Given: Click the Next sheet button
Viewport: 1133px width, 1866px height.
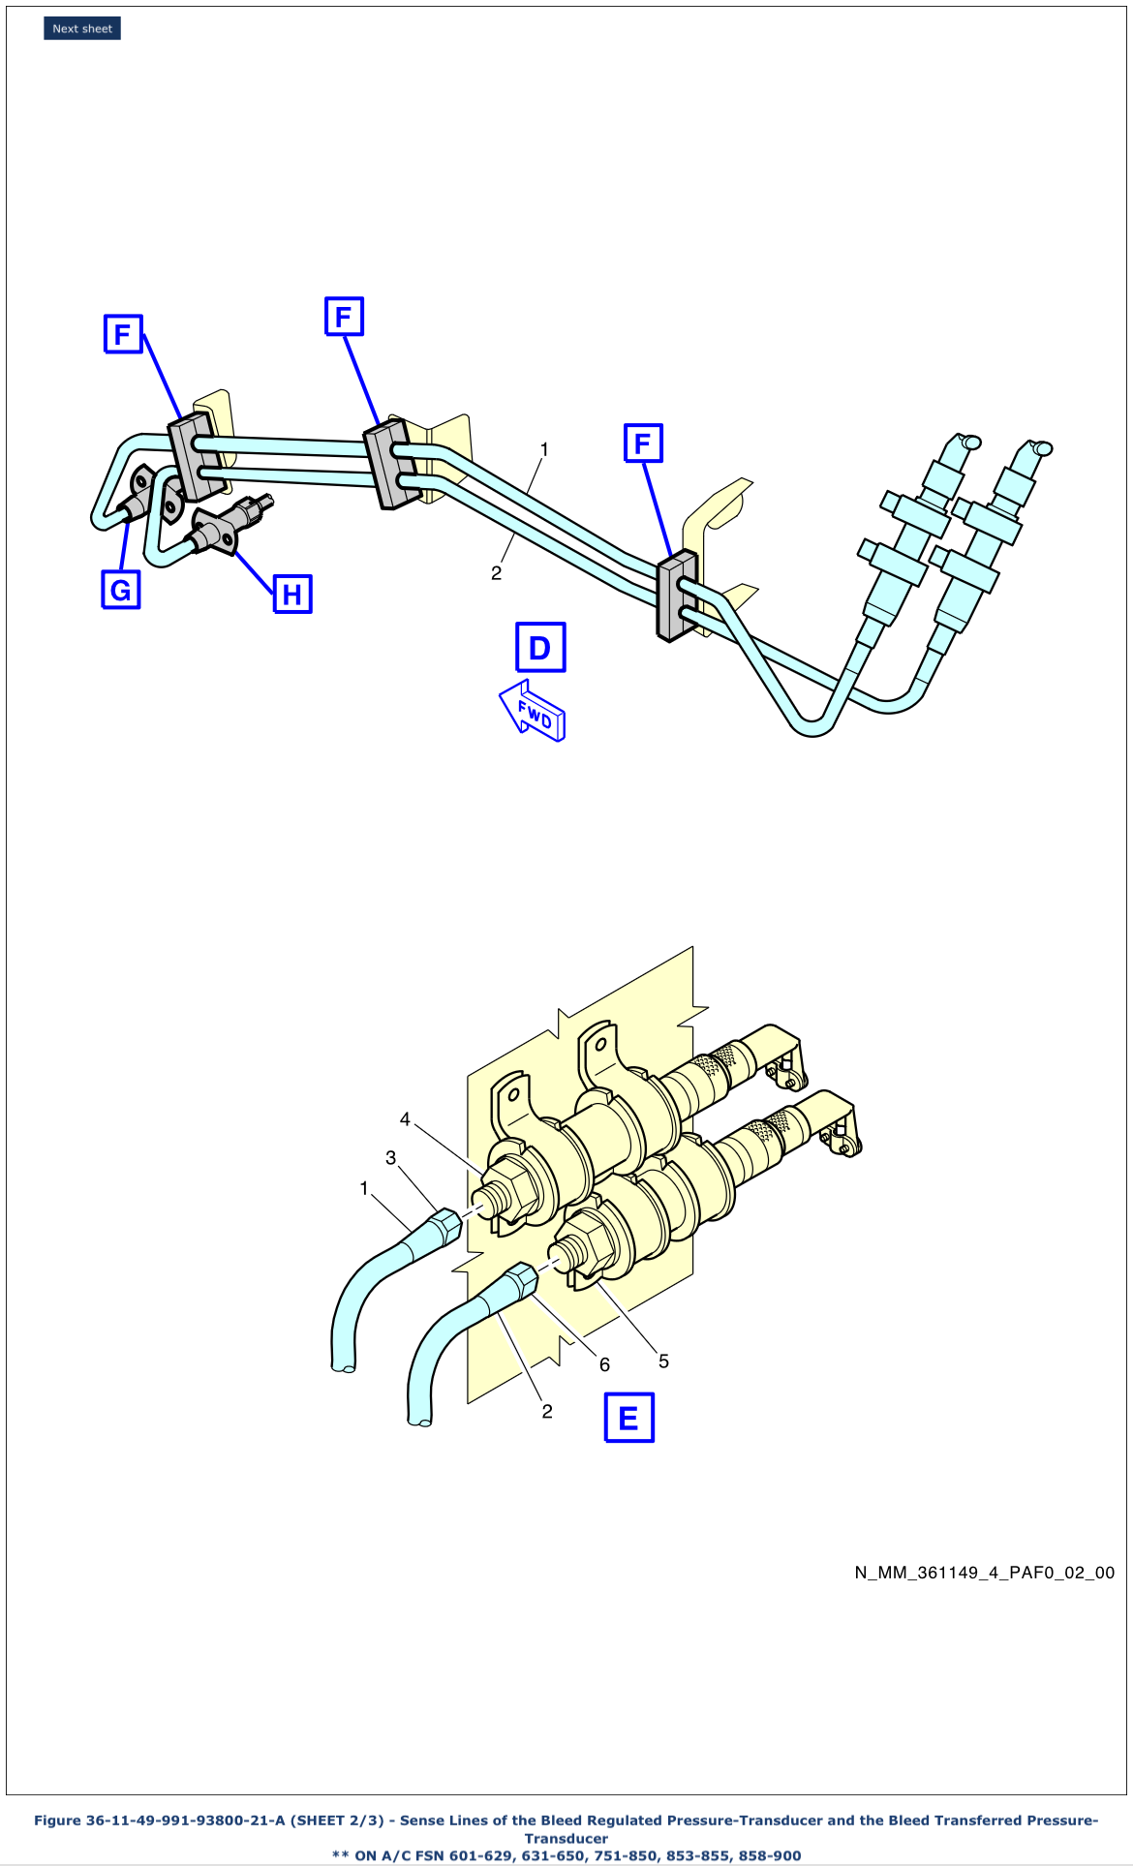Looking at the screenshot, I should [82, 29].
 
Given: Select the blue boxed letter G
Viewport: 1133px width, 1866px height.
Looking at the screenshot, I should [121, 590].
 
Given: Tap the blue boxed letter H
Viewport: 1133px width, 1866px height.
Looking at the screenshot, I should [292, 594].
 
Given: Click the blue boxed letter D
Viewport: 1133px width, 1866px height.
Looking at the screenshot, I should [540, 648].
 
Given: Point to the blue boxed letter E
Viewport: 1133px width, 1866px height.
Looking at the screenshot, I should [628, 1419].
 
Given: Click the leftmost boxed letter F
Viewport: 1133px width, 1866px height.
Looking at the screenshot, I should [123, 334].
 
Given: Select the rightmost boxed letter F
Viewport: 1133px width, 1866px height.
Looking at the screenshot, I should [643, 444].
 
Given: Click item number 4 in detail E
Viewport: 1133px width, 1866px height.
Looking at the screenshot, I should [405, 1119].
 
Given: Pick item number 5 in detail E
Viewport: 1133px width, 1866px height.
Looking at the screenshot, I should [663, 1361].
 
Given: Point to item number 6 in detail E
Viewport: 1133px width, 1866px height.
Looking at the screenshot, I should [604, 1364].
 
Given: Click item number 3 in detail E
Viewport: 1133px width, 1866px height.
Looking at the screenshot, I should [390, 1157].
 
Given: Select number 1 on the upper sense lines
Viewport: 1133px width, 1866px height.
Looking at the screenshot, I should [544, 449].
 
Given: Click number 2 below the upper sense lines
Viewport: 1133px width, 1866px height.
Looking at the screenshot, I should [496, 573].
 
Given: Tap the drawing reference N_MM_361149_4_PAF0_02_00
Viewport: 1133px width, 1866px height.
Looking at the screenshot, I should [984, 1573].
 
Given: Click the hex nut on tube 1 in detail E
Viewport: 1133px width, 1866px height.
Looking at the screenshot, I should [444, 1226].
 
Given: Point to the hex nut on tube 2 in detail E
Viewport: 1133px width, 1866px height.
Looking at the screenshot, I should [521, 1282].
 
